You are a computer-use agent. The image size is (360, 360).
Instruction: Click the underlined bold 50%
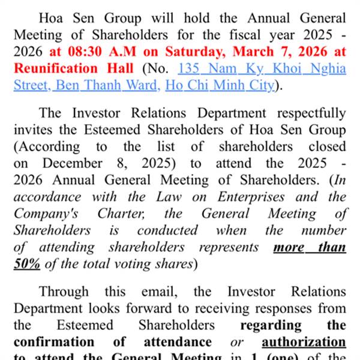[28, 263]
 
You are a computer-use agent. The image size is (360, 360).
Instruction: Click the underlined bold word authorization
[304, 342]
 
